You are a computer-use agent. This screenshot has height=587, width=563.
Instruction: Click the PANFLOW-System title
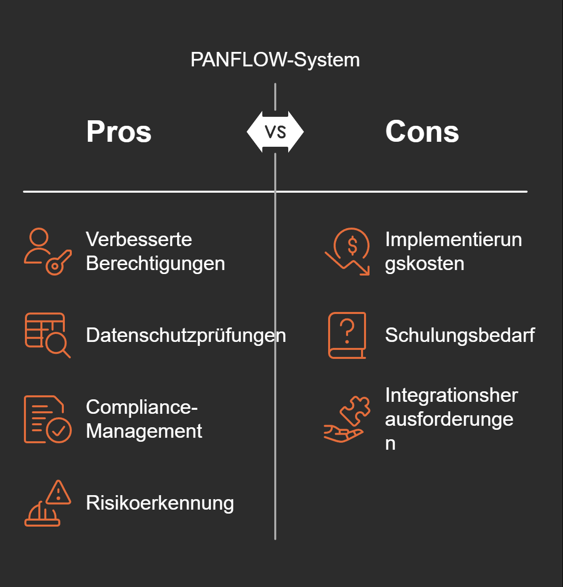pos(275,60)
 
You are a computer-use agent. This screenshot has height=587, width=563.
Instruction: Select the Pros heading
pos(119,132)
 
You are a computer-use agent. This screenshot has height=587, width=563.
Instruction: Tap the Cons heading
pos(422,132)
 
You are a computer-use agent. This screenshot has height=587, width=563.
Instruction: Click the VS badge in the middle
pos(275,132)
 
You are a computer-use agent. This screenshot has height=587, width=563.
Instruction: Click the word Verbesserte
pos(139,240)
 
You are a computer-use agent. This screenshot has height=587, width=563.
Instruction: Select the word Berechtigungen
pos(155,264)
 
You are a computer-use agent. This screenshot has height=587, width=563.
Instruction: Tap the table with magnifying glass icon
pos(47,335)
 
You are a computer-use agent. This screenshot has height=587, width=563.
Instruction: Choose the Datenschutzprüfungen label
pos(186,335)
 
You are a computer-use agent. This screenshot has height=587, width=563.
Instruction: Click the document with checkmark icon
pos(47,419)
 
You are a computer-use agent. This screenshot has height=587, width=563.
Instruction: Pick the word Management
pos(144,431)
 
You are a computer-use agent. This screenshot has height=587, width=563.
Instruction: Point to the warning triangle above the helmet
pos(59,493)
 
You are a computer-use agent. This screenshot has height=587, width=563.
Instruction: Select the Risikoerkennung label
pos(160,503)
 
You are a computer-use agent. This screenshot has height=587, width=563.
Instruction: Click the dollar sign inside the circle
pos(353,245)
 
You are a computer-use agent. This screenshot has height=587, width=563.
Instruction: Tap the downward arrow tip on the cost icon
pos(366,272)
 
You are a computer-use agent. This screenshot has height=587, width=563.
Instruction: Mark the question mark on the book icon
pos(348,330)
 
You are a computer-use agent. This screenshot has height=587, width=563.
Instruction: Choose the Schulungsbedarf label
pos(459,335)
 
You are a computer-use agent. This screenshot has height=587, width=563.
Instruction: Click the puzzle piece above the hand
pos(356,410)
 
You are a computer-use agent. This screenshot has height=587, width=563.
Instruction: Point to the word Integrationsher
pos(451,395)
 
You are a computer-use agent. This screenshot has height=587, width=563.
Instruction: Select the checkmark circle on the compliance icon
pos(59,430)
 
